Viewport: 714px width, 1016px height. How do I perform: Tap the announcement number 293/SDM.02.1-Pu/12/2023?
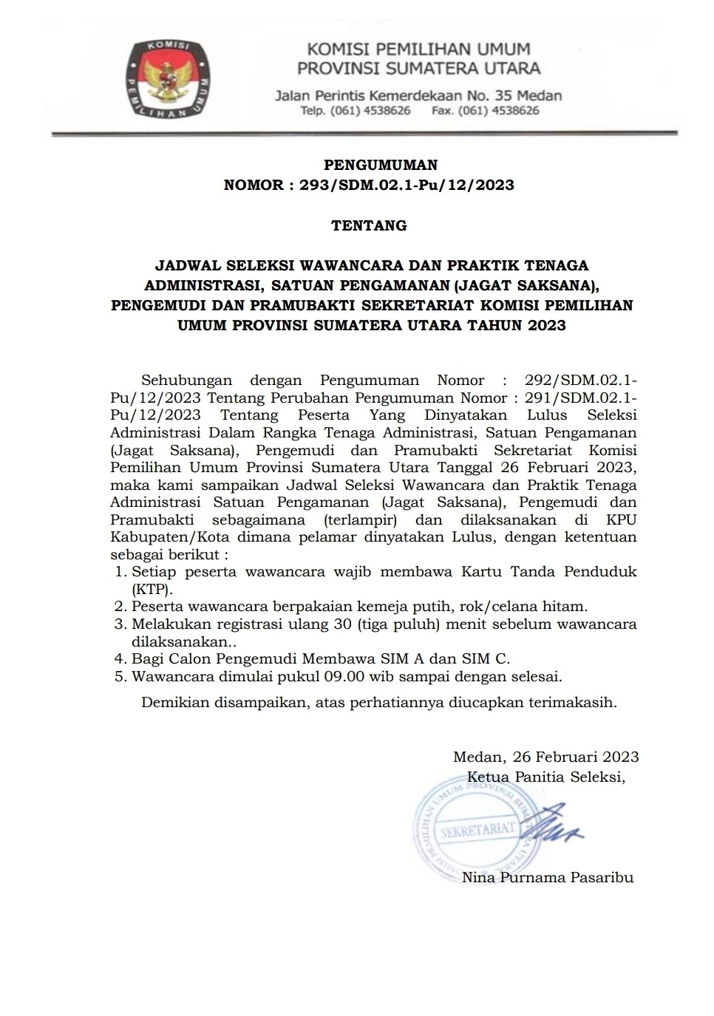click(407, 185)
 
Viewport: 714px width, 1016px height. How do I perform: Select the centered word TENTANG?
click(369, 225)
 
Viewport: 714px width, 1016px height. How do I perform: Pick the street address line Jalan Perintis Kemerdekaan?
click(418, 95)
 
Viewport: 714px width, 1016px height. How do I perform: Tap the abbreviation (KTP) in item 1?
click(152, 589)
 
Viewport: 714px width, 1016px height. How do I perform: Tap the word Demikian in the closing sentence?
click(174, 703)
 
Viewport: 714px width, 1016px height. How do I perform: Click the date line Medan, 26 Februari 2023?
click(545, 757)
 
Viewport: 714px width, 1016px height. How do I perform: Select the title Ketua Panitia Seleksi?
click(545, 777)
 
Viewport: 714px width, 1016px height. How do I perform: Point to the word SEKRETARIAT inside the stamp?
click(477, 829)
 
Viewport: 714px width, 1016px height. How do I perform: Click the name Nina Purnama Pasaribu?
click(547, 878)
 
